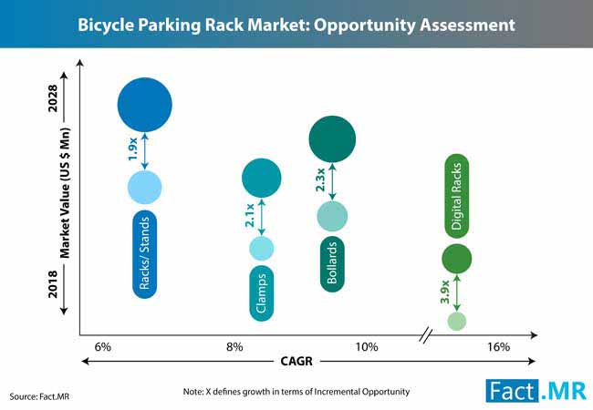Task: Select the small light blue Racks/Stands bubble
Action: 144,187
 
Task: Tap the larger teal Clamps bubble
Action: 261,178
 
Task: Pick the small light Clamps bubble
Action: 261,248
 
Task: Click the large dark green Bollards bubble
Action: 332,139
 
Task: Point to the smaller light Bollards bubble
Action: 332,216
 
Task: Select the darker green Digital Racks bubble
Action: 456,259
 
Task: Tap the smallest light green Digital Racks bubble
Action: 456,320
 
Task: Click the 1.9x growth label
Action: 132,148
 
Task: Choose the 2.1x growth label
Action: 250,216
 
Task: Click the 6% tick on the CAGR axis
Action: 102,347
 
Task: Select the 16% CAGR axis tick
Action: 498,347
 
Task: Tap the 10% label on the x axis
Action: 367,347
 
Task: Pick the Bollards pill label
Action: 332,263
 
